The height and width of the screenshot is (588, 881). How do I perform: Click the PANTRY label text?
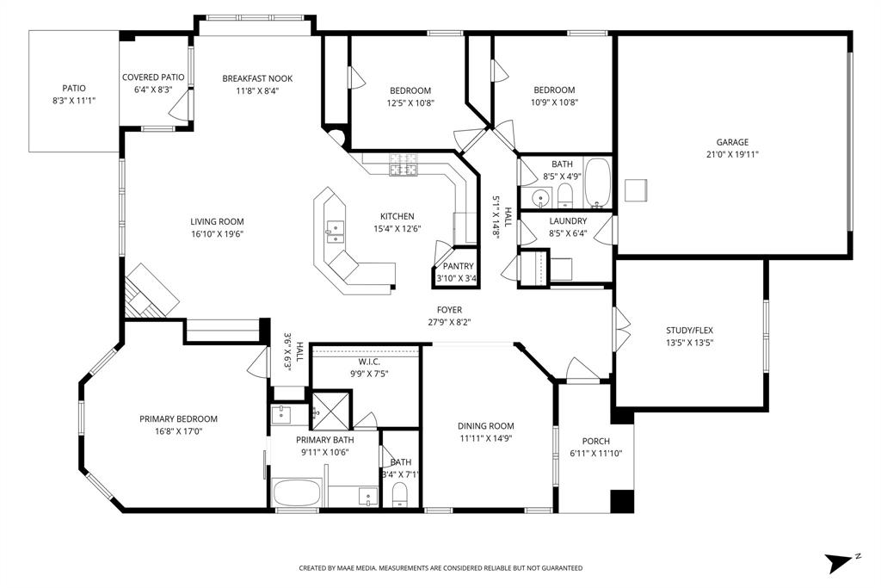(458, 266)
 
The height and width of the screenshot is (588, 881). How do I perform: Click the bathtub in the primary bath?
(297, 494)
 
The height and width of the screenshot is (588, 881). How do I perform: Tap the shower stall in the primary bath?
(328, 406)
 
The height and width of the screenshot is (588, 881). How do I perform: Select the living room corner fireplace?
(151, 290)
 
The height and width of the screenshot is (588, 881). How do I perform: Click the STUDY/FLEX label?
(689, 330)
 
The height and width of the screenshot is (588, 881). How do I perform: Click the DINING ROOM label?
(485, 425)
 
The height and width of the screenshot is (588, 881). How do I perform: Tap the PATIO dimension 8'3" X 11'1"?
(73, 101)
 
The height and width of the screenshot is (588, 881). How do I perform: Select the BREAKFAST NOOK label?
(257, 78)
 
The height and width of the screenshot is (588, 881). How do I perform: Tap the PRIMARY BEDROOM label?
(178, 419)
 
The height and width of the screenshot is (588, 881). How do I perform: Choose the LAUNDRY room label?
(567, 221)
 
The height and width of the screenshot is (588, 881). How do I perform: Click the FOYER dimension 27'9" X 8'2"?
(449, 322)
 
